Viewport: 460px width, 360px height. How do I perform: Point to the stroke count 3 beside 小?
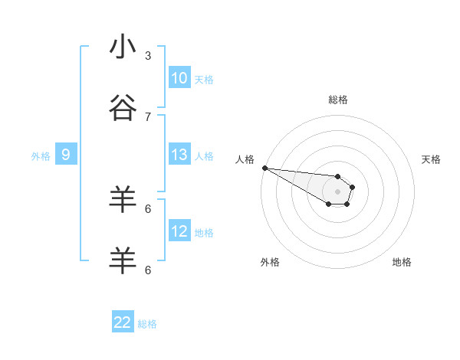(x=148, y=55)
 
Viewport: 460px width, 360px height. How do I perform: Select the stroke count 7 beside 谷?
(x=148, y=116)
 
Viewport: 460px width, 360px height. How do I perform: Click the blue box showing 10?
(x=179, y=78)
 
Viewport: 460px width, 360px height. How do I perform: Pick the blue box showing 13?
(x=179, y=155)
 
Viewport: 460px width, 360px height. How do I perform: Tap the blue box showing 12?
(x=179, y=231)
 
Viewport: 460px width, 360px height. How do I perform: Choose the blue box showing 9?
(x=66, y=155)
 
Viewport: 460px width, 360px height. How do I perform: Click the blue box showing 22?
(x=123, y=322)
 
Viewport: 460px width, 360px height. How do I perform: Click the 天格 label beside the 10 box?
(x=204, y=80)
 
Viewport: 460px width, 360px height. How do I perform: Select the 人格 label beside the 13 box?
(x=204, y=156)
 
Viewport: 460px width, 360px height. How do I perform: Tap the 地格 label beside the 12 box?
(x=204, y=233)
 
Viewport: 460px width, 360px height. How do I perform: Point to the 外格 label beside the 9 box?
(x=41, y=156)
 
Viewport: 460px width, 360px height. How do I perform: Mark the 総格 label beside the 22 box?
(x=147, y=324)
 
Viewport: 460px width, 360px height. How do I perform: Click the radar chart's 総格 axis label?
(x=338, y=100)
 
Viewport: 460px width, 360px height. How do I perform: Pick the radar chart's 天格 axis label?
(x=432, y=159)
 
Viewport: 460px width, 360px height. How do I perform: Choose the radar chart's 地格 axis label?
(x=402, y=262)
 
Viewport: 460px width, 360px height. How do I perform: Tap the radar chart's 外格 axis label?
(x=270, y=262)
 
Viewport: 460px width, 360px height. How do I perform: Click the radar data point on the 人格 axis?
(x=264, y=168)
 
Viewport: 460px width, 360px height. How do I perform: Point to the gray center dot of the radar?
(x=337, y=191)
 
